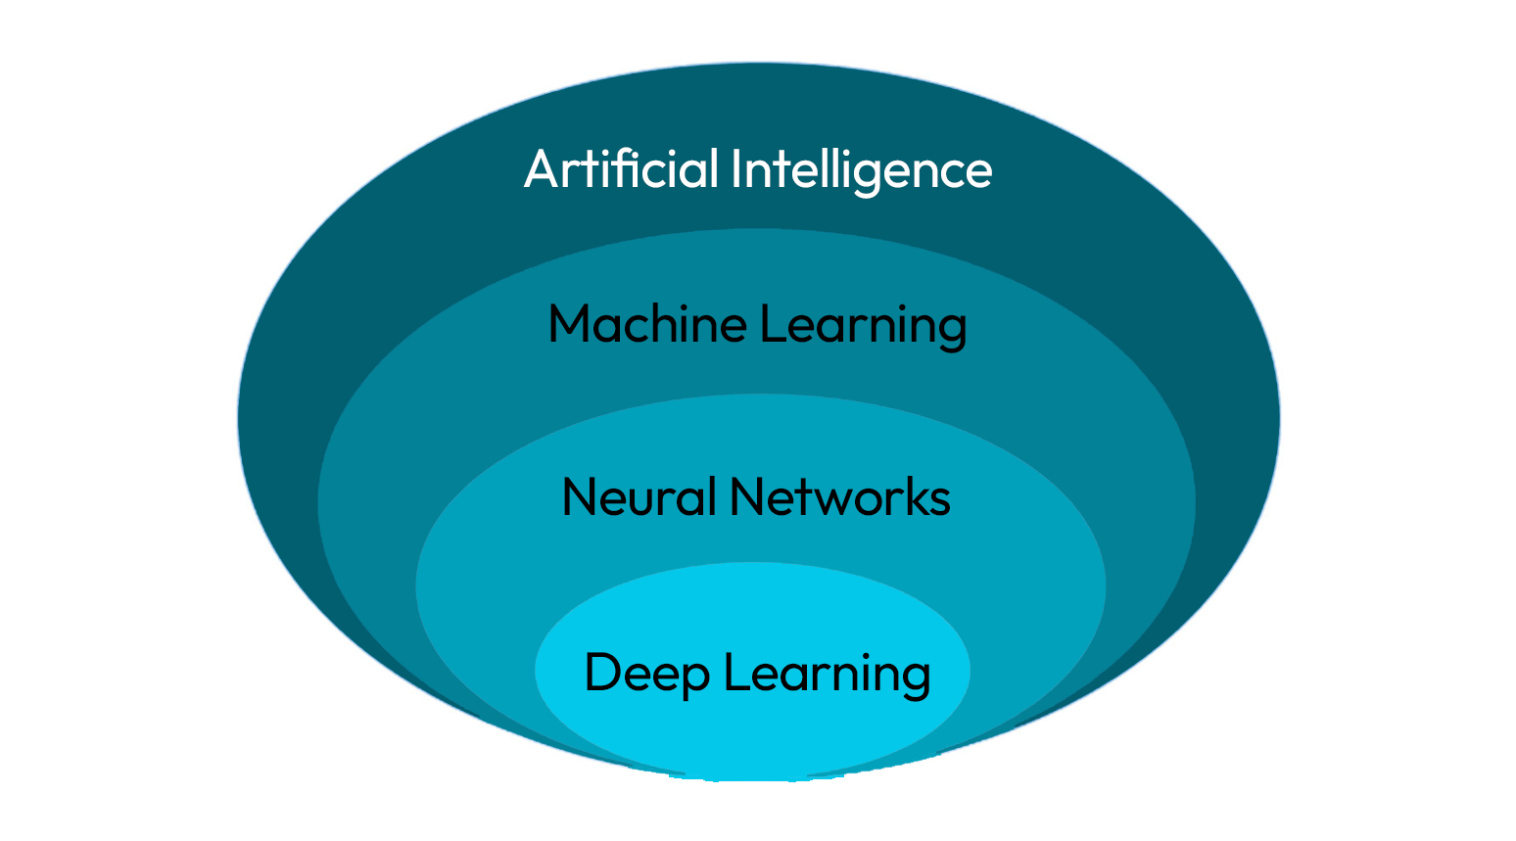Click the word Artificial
tap(623, 168)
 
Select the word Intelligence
tap(862, 170)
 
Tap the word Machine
tap(647, 324)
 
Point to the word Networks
tap(840, 496)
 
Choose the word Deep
tap(646, 674)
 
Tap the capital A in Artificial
tap(542, 169)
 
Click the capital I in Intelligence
tap(736, 168)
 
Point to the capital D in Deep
tap(602, 673)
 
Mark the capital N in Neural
tap(580, 496)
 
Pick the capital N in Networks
tap(747, 496)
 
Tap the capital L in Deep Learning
tap(734, 673)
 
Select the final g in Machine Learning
tap(952, 330)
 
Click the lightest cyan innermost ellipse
tap(752, 724)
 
